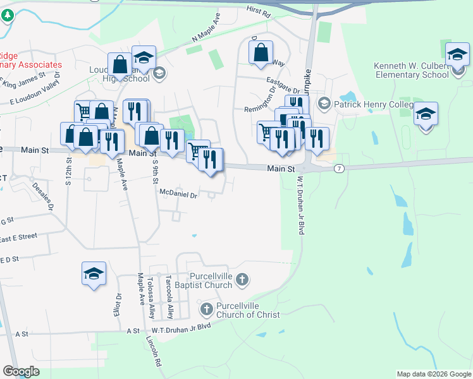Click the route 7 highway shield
coord(340,168)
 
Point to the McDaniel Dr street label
coord(179,195)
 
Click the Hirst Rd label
coord(258,13)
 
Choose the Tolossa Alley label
coord(150,297)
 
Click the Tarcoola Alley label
coord(169,297)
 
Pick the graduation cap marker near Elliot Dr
coord(94,274)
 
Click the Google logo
coord(21,371)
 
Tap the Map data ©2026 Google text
coord(434,374)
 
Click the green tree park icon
coord(7,15)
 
